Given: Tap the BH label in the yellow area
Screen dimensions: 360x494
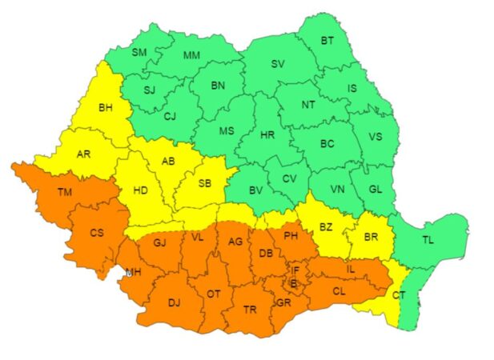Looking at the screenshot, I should (x=106, y=107).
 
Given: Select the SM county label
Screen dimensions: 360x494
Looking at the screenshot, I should (x=139, y=53).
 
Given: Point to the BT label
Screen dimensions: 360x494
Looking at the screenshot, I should (x=328, y=40).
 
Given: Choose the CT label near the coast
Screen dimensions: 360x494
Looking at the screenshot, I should (x=399, y=295).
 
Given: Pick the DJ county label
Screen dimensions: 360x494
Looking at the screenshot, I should (x=175, y=302).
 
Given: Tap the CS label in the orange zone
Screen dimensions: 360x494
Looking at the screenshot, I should (x=97, y=233).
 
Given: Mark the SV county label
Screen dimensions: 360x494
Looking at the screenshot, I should (x=278, y=63).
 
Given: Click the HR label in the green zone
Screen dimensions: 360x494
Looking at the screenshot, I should (x=267, y=135).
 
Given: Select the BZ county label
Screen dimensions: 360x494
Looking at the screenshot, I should (x=326, y=227).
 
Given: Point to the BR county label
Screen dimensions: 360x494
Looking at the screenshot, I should (x=371, y=238).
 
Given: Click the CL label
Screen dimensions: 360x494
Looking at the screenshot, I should (x=339, y=291).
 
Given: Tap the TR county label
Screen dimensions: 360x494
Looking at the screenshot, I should (x=250, y=310).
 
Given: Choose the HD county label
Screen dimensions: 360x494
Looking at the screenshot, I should (x=141, y=190).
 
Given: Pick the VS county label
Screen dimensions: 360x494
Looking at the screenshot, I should (x=375, y=137).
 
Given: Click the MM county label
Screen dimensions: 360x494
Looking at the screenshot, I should (x=192, y=55).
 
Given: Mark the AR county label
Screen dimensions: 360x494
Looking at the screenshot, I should (x=83, y=154).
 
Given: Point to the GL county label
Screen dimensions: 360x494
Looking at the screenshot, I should (x=376, y=190).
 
